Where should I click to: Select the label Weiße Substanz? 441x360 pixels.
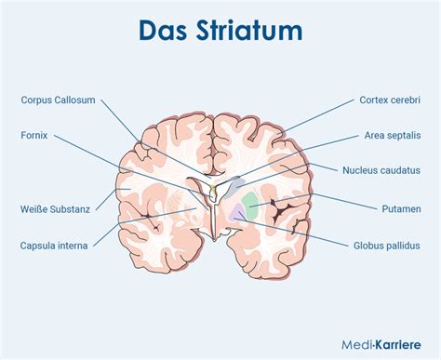(x=55, y=209)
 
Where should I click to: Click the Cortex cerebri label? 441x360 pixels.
(x=391, y=100)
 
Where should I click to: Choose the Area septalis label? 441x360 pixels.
(x=392, y=135)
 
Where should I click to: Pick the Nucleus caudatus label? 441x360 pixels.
(x=381, y=170)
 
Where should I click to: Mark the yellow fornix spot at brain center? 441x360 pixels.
(x=212, y=191)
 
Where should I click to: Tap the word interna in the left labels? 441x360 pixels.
(x=74, y=246)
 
